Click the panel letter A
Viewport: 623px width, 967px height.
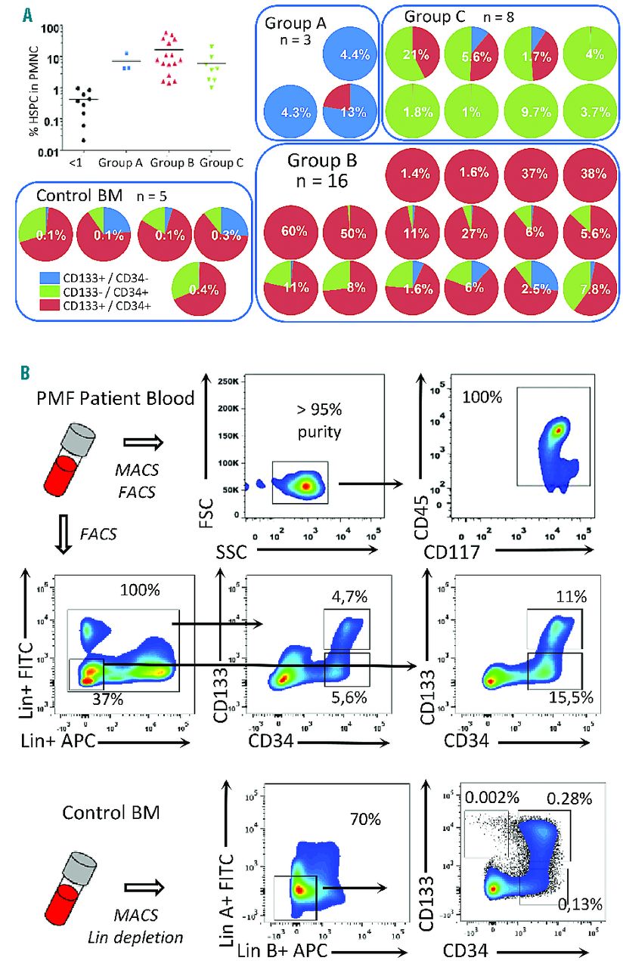[26, 14]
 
